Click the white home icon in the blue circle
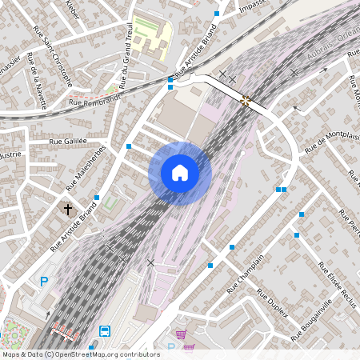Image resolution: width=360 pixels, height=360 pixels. tap(179, 173)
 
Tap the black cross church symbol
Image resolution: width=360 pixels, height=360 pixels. tap(68, 209)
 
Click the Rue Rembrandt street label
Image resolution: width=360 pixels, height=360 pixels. tap(94, 102)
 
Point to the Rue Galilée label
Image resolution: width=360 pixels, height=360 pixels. tap(67, 142)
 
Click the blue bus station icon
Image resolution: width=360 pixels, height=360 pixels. tap(105, 331)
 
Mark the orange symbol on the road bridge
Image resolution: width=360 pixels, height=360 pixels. tap(246, 100)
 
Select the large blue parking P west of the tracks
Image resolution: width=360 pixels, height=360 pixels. tap(44, 282)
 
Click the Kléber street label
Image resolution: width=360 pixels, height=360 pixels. tap(74, 7)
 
